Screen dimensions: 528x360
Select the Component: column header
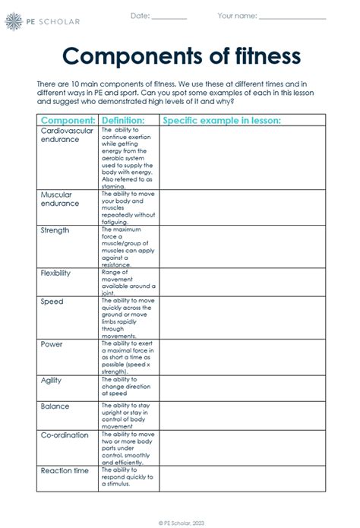coord(68,120)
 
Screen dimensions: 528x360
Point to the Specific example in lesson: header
coord(222,120)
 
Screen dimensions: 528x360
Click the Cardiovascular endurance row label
coord(67,134)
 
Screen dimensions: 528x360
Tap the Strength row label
coord(55,229)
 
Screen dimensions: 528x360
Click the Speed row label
coord(52,302)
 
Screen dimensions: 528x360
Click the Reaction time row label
coord(64,471)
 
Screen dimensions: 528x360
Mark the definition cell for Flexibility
coord(128,280)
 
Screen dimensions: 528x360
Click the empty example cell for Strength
coord(242,245)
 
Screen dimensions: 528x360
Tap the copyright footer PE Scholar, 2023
coord(179,522)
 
